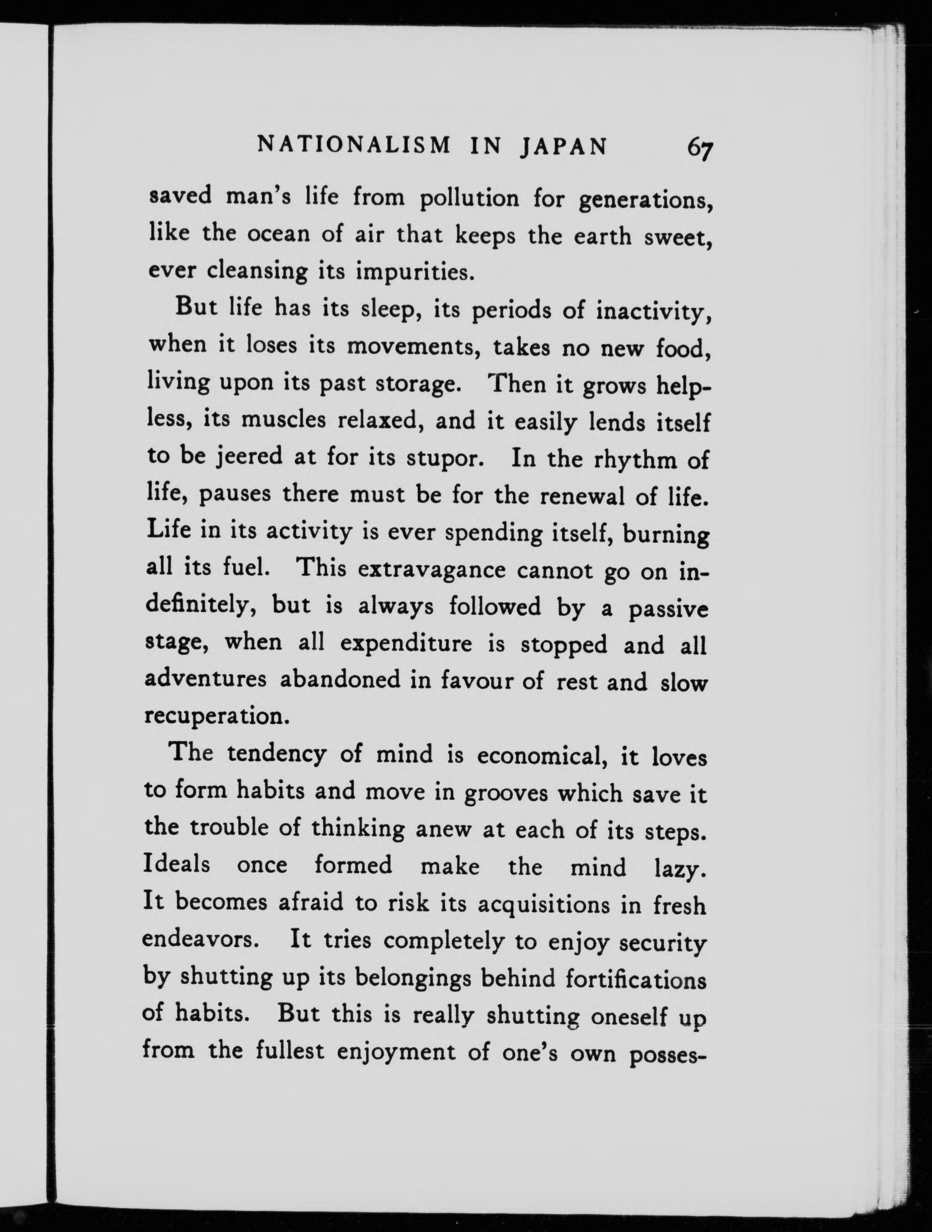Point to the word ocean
point(279,235)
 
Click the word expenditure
point(406,645)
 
